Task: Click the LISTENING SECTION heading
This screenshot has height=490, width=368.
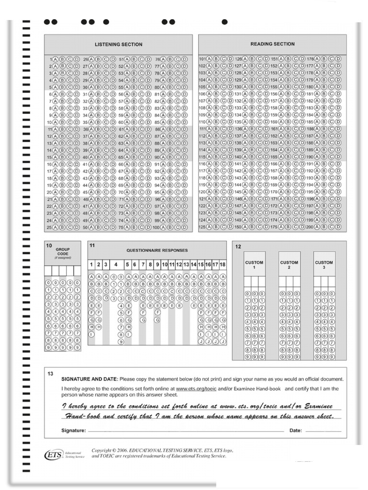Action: [118, 45]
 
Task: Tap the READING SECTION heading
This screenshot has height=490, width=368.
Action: [272, 44]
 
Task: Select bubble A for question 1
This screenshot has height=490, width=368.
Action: [55, 59]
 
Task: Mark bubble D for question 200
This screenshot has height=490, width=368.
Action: [338, 227]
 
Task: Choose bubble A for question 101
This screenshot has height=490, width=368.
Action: [209, 59]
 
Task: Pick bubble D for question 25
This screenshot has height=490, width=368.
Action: [77, 227]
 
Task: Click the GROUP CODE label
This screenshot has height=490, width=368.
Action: [62, 252]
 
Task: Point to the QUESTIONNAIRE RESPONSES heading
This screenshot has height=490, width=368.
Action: [157, 250]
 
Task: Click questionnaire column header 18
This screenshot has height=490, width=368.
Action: [222, 265]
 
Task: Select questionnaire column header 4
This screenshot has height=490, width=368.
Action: [115, 265]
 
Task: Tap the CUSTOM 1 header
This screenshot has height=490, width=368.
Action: [254, 265]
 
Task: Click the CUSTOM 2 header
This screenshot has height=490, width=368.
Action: [289, 265]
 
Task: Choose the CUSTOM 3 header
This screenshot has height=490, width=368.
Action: [324, 265]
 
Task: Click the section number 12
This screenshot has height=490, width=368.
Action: [238, 246]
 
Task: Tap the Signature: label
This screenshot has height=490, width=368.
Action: [73, 430]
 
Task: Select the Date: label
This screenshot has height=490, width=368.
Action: [296, 430]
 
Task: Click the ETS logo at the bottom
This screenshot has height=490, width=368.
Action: [53, 454]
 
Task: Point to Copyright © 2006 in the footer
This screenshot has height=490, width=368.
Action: [112, 450]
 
